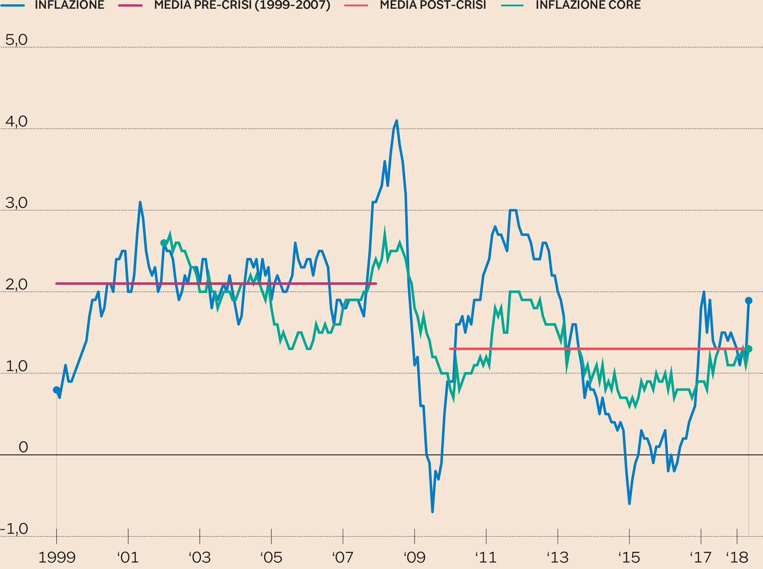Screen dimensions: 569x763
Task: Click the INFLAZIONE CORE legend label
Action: pos(588,5)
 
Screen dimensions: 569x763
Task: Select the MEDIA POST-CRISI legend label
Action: pos(433,5)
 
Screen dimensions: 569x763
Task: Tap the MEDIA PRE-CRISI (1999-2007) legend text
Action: pos(242,5)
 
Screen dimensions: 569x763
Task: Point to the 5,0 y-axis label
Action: pos(16,40)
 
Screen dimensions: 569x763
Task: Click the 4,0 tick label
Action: pos(16,122)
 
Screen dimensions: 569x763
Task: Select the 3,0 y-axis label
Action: pos(16,203)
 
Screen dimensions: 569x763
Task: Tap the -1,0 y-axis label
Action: pos(14,529)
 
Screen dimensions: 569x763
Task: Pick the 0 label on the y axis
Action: pos(23,447)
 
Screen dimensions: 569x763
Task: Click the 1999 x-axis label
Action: pos(57,557)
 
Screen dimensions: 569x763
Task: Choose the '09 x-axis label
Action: pos(414,557)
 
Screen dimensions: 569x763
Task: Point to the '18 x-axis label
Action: pos(737,557)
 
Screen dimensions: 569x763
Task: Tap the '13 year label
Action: pos(558,557)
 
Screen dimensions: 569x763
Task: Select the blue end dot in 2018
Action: pos(749,301)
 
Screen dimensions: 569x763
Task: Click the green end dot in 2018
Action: pos(749,349)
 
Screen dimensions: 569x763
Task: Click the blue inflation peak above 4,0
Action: pos(397,121)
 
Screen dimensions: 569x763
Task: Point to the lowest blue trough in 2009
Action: pos(432,512)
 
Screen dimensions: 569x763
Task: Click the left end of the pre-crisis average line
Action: pos(57,284)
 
